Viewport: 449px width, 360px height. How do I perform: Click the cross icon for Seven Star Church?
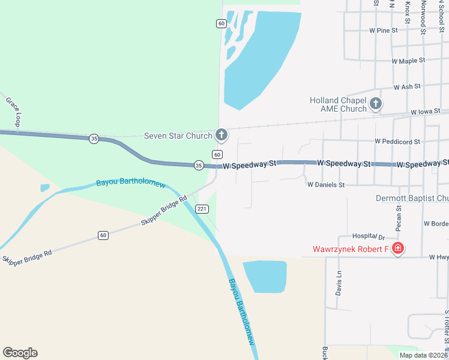tap(221, 135)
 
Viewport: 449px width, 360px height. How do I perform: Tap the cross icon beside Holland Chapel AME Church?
tap(376, 104)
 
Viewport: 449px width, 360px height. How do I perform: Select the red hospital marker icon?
tap(397, 248)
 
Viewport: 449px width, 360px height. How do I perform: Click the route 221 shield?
tap(202, 209)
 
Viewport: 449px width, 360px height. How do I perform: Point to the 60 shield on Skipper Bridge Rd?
tap(103, 235)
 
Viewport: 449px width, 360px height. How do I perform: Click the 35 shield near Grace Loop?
tap(93, 139)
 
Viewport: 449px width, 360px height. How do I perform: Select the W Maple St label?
tap(408, 61)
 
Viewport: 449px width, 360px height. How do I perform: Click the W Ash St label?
tap(407, 87)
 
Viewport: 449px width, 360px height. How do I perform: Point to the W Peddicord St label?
tap(397, 142)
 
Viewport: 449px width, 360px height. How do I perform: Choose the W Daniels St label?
tap(326, 185)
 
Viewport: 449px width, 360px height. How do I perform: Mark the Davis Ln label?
tap(339, 283)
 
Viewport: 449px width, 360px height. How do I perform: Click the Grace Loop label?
tap(14, 107)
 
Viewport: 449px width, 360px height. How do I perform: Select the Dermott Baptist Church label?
tap(412, 198)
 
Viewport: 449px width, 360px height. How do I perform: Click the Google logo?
tap(20, 353)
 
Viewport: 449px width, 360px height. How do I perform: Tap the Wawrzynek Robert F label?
tap(351, 249)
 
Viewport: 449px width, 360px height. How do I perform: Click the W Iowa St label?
tap(426, 112)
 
